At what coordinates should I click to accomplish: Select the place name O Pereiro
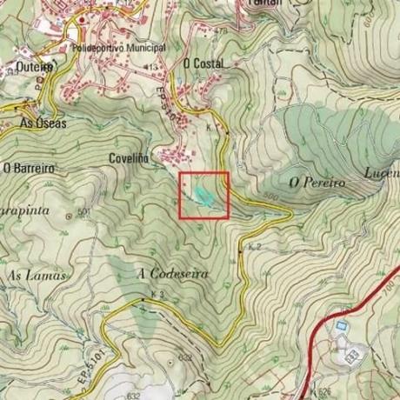[x=318, y=183]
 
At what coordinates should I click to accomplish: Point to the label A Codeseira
[x=173, y=274]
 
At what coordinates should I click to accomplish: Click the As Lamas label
[x=37, y=275]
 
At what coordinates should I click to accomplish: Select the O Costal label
[x=203, y=63]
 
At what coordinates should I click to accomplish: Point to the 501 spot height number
[x=84, y=212]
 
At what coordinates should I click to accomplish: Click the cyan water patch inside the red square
[x=203, y=196]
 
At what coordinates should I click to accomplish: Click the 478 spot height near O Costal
[x=219, y=32]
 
